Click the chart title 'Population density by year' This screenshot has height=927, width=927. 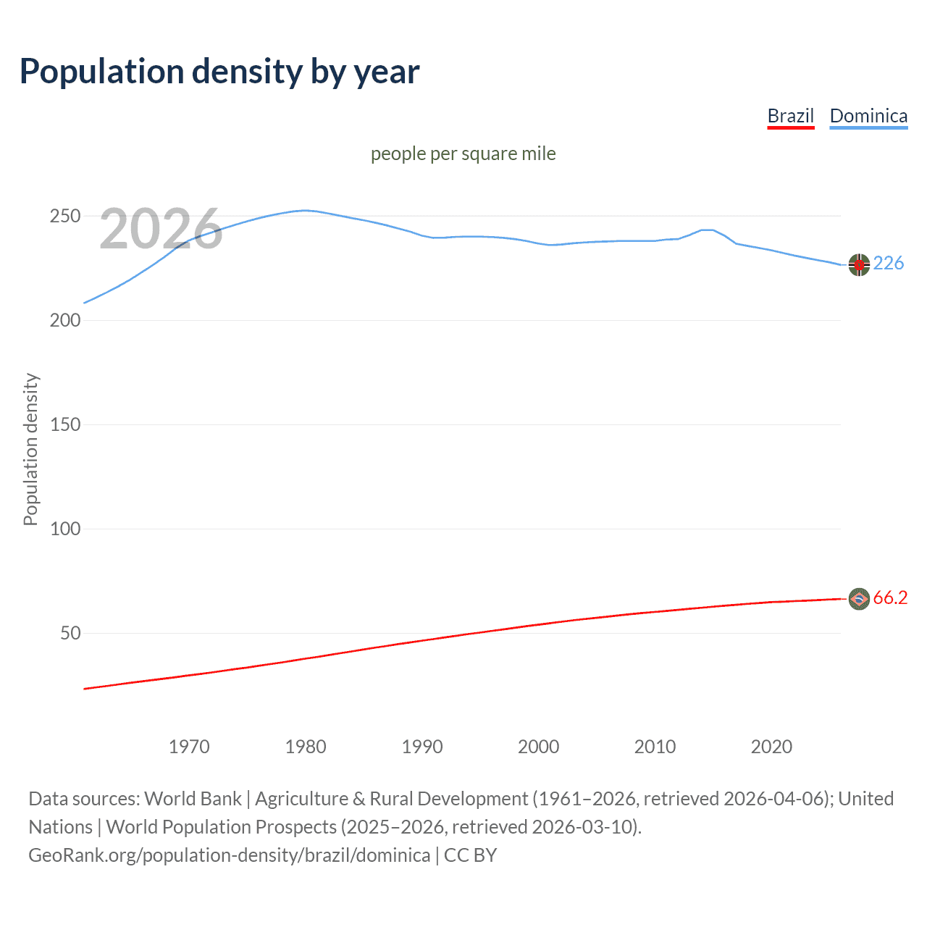pyautogui.click(x=219, y=72)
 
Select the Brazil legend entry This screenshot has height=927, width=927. pyautogui.click(x=790, y=116)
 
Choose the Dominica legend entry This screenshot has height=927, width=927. pyautogui.click(x=868, y=116)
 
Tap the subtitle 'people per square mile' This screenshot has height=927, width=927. pyautogui.click(x=463, y=154)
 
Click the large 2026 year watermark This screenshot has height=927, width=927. pyautogui.click(x=161, y=230)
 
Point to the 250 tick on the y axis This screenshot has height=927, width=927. pyautogui.click(x=64, y=217)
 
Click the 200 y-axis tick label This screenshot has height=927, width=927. pyautogui.click(x=64, y=321)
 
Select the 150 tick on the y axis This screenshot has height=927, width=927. pyautogui.click(x=64, y=425)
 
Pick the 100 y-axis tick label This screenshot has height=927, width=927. pyautogui.click(x=64, y=529)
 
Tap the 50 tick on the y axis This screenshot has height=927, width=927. pyautogui.click(x=70, y=634)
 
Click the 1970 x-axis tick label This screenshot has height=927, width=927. pyautogui.click(x=189, y=747)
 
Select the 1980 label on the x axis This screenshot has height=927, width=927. pyautogui.click(x=306, y=747)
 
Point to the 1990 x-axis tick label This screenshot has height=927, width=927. pyautogui.click(x=422, y=747)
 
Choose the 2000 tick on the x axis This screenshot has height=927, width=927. pyautogui.click(x=538, y=747)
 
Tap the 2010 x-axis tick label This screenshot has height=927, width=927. pyautogui.click(x=655, y=747)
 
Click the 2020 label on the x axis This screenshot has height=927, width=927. pyautogui.click(x=771, y=747)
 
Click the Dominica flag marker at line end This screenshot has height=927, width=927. pyautogui.click(x=859, y=265)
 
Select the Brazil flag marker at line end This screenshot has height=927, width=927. pyautogui.click(x=859, y=599)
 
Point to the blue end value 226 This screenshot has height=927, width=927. pyautogui.click(x=889, y=263)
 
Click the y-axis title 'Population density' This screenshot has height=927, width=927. pyautogui.click(x=30, y=449)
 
